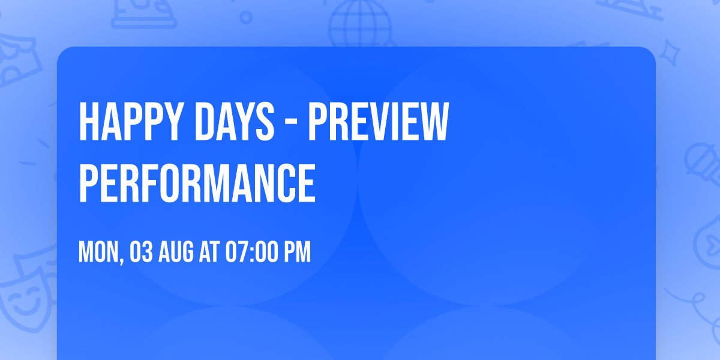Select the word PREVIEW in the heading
[378, 122]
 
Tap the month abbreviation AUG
[177, 252]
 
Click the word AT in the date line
[209, 252]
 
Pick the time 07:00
[250, 252]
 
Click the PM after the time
[297, 252]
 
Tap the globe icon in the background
[359, 24]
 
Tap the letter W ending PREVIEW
[434, 122]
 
